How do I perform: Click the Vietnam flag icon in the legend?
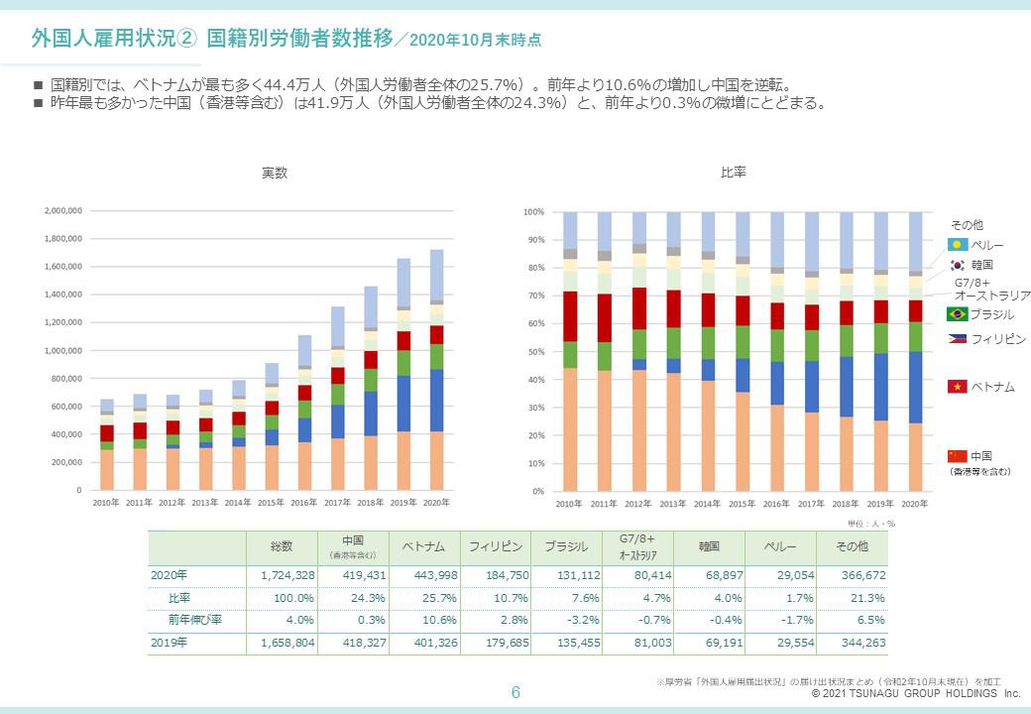point(957,387)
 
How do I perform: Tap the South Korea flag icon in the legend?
point(957,265)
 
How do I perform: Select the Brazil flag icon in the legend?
point(957,314)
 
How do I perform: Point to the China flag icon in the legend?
point(957,456)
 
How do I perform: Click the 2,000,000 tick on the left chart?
point(62,211)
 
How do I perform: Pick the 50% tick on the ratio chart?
point(534,352)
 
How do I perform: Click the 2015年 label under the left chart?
point(272,503)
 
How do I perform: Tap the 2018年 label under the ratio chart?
point(846,504)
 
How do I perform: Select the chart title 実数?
point(275,173)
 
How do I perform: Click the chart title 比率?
point(734,173)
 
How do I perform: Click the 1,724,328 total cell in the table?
point(287,575)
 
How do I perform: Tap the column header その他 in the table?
point(852,546)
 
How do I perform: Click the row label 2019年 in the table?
point(169,643)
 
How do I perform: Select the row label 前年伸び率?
point(193,620)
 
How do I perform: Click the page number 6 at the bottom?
point(515,692)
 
